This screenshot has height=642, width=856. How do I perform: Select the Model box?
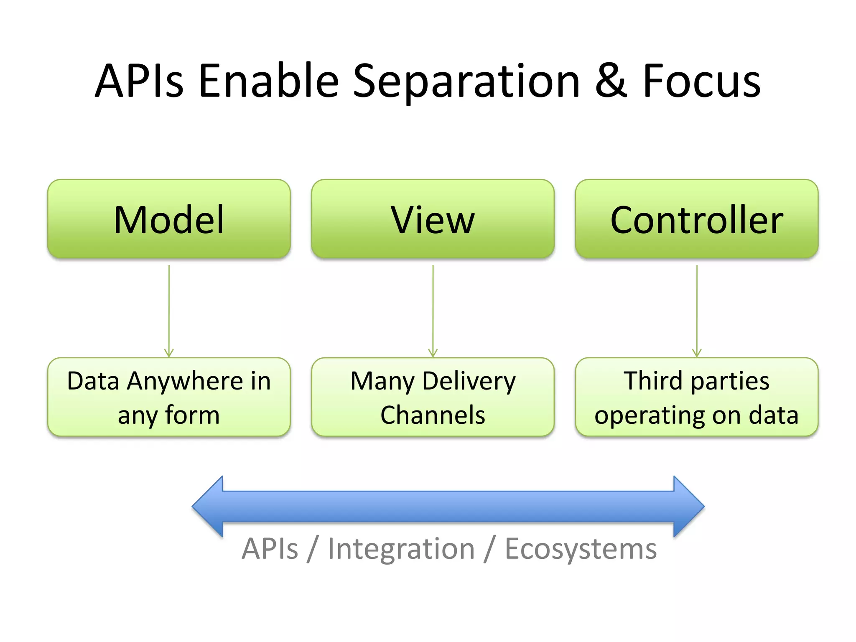coord(169,219)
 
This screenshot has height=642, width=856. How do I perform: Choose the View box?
coord(433,219)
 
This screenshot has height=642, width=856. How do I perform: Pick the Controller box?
coord(696,219)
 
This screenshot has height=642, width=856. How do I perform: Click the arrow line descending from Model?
coord(169,309)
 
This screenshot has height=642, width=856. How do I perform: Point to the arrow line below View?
coord(433,309)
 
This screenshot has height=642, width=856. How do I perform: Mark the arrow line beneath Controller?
coord(697,309)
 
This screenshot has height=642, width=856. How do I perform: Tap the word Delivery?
coord(469,382)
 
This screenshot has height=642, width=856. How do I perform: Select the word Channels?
coord(433,415)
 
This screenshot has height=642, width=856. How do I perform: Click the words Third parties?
coord(696,381)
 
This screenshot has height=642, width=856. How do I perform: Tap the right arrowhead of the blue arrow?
coord(688,507)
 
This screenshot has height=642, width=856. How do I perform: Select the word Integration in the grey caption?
coord(401,549)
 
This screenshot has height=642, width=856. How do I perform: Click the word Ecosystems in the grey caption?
coord(581,549)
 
